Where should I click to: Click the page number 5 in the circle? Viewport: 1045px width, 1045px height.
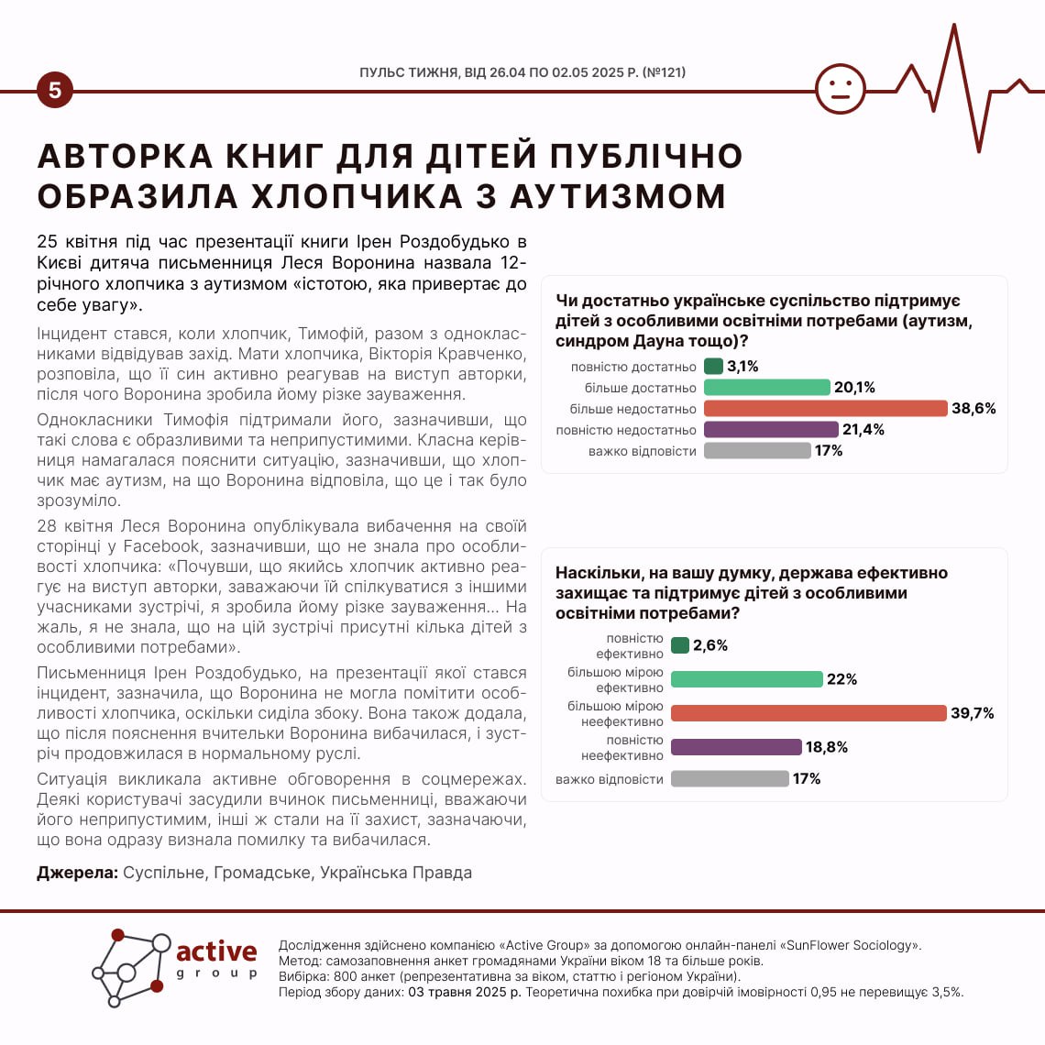tap(55, 90)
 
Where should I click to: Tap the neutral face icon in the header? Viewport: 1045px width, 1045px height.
tap(840, 89)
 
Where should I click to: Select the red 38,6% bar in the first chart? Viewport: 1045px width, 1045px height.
tap(825, 409)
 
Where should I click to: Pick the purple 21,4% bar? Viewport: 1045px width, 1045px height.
tap(771, 430)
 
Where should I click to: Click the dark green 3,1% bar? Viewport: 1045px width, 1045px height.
tap(713, 367)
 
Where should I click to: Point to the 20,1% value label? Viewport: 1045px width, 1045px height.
tap(854, 388)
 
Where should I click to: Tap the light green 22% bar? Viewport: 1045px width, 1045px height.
tap(746, 679)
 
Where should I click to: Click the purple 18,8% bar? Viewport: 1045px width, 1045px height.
tap(736, 747)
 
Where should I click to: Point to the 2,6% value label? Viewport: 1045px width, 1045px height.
tap(710, 645)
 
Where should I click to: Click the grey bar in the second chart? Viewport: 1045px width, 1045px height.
tap(730, 778)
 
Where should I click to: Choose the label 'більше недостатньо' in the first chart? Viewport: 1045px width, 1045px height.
tap(632, 409)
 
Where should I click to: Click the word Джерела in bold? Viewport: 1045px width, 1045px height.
tap(77, 873)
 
